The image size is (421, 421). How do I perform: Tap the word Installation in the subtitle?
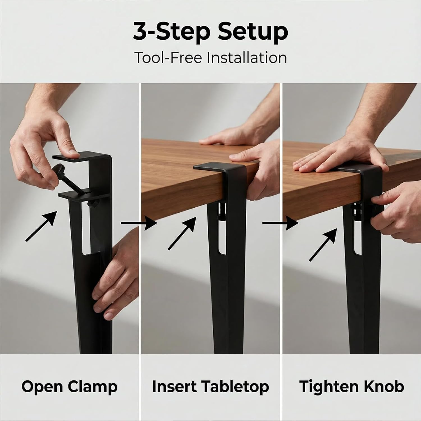pos(247,58)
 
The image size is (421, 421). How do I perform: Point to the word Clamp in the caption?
pos(93,387)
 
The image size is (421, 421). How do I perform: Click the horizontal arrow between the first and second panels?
pos(139,223)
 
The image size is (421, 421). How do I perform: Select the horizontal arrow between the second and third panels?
pos(280,223)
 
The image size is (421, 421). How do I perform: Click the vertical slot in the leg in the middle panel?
pos(222,233)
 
